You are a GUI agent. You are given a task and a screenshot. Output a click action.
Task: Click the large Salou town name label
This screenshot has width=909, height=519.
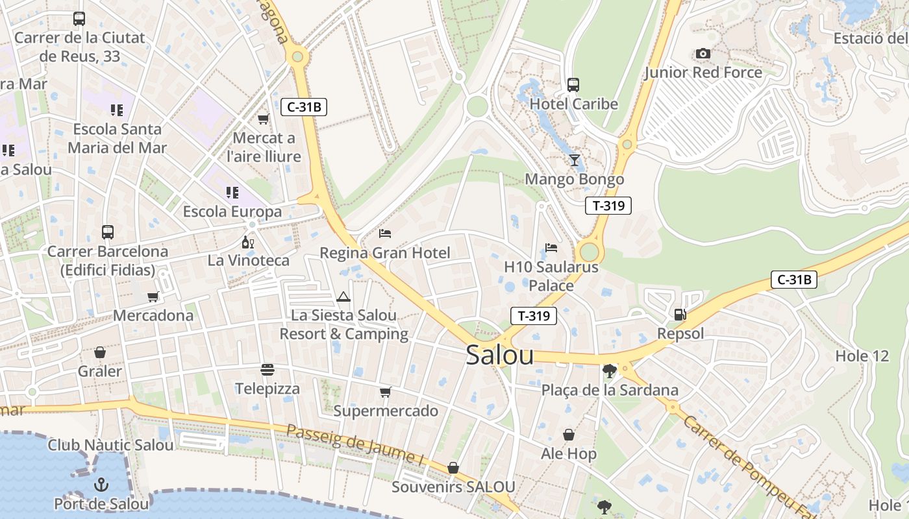500,355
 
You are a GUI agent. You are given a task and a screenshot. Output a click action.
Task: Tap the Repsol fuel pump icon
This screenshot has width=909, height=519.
680,315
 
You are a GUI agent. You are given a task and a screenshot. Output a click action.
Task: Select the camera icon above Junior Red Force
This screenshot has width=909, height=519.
703,54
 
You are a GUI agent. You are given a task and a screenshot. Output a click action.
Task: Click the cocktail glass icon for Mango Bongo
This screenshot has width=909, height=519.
574,160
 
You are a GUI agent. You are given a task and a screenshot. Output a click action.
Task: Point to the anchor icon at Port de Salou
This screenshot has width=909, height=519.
101,485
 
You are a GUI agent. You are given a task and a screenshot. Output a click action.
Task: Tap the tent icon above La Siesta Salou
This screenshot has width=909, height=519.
343,297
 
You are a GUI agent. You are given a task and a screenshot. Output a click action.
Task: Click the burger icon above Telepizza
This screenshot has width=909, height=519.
268,370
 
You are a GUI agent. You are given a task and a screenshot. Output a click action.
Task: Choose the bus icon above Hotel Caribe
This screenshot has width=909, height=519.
573,85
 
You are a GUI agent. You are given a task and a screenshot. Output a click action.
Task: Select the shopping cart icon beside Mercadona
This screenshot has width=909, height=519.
153,296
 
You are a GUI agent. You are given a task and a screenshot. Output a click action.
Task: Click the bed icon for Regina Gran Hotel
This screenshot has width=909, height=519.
385,233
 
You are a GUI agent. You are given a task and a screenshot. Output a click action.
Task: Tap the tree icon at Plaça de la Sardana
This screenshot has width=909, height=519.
609,371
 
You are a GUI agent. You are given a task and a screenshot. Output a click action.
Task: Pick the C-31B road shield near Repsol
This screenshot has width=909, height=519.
793,280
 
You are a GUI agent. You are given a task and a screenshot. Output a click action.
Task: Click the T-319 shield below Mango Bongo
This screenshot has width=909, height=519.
608,206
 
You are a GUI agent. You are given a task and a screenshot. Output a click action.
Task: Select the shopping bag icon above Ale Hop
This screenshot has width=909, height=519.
569,435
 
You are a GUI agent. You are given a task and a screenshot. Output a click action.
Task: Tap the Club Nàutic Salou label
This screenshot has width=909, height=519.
110,445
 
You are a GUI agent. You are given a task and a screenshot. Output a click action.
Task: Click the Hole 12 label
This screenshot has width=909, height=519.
862,356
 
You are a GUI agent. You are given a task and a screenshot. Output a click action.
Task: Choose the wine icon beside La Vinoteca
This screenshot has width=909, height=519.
248,243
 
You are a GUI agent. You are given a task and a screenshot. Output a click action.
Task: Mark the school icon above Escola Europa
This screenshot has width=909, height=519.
232,193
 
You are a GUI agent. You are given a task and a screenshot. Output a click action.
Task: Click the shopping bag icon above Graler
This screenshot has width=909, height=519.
100,352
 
